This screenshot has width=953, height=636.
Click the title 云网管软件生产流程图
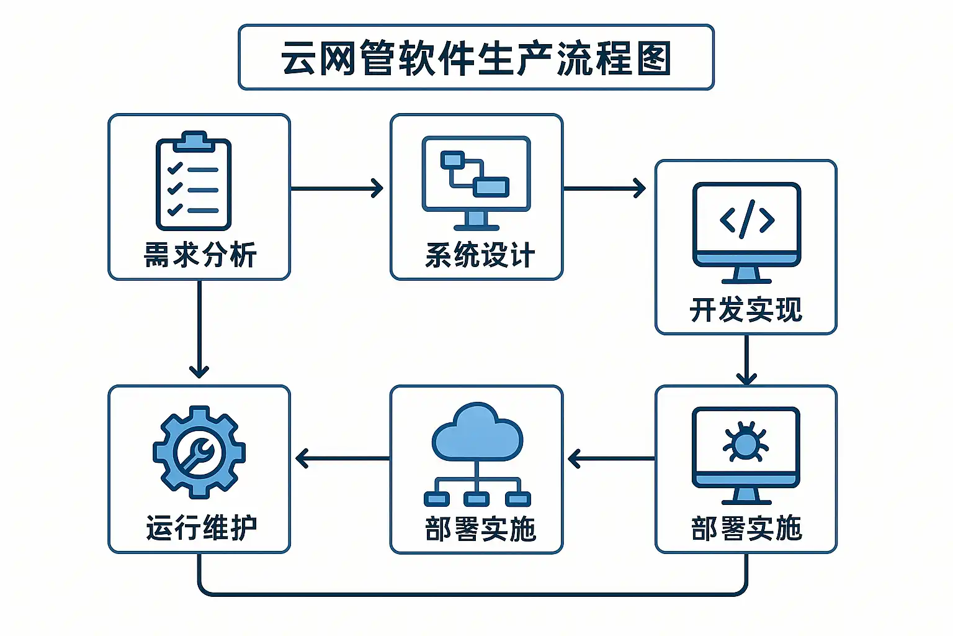tap(476, 58)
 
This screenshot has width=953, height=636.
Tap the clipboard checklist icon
tap(194, 181)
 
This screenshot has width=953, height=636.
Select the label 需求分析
tap(200, 255)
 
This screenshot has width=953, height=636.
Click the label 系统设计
tap(480, 255)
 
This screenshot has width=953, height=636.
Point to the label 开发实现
tap(746, 309)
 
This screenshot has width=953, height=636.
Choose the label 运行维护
tap(201, 528)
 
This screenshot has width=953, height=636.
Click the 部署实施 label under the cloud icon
tap(480, 529)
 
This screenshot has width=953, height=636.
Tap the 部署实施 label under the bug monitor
tap(746, 529)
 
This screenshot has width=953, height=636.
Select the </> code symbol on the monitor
tap(747, 219)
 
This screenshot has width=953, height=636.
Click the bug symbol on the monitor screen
tap(746, 442)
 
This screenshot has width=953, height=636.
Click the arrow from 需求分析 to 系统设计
tap(337, 188)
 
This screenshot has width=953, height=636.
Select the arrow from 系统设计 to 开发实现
tap(604, 188)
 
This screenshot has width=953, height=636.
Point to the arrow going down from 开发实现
tap(746, 360)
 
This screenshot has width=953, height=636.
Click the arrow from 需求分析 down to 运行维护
tap(199, 329)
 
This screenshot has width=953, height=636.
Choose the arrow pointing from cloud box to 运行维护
tap(342, 459)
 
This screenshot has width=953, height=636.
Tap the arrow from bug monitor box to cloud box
tap(611, 459)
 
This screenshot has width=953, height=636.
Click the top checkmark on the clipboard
tap(175, 168)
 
